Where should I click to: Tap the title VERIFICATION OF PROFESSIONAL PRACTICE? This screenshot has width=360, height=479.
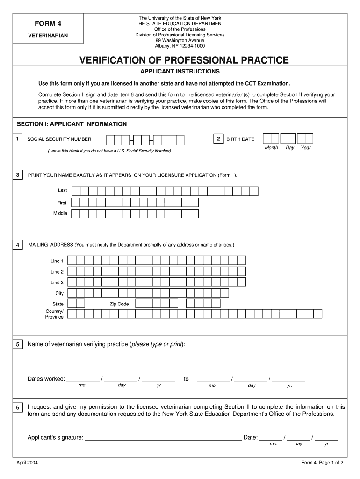coord(184,60)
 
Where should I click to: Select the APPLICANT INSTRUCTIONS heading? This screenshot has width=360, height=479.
coord(180,72)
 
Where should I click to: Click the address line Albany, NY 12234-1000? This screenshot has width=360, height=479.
coord(180,46)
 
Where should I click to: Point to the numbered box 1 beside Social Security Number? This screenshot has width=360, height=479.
coord(17,139)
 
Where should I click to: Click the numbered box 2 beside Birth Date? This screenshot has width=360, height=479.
coord(218,139)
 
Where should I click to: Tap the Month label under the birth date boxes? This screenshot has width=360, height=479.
coord(271,148)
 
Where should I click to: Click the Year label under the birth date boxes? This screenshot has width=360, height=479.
coord(306,148)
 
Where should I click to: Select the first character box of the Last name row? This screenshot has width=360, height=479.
coord(76,190)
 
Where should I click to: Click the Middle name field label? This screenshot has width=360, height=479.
coord(60,213)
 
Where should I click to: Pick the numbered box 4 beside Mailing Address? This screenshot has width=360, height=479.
coord(17,245)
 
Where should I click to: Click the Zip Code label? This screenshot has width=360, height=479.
coord(119,304)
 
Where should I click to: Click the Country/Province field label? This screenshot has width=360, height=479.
coord(55,314)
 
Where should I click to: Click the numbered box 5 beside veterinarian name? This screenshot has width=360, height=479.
coord(17,345)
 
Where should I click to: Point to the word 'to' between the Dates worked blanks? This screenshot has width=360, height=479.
coord(186,379)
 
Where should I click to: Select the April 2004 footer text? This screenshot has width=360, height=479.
coord(27,463)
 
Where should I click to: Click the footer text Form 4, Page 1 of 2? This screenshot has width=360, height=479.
coord(323,463)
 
